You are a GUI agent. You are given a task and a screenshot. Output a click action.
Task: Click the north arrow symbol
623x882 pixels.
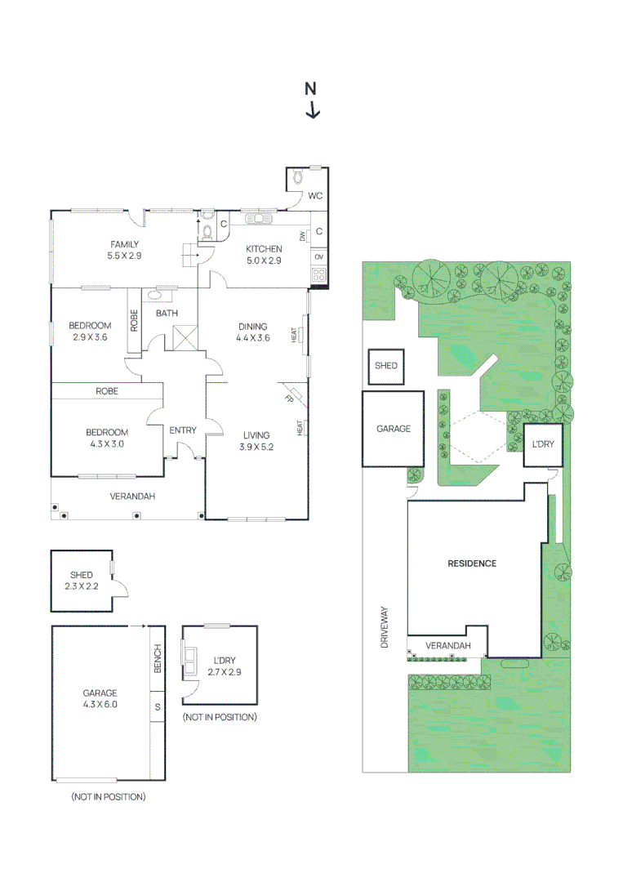[x=312, y=100]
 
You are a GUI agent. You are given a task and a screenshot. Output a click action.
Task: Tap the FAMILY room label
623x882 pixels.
[x=124, y=250]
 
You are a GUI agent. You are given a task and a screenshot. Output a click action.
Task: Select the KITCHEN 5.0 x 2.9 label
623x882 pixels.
[x=264, y=255]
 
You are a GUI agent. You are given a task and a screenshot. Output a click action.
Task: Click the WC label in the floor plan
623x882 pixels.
[x=315, y=196]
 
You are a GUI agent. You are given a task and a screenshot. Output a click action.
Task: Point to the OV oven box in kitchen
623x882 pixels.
[x=318, y=257]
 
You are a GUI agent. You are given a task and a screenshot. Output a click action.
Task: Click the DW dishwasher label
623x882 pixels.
[x=302, y=236]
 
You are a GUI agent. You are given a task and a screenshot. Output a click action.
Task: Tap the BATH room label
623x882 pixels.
[x=167, y=313]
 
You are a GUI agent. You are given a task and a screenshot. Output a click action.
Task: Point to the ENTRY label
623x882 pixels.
[x=182, y=430]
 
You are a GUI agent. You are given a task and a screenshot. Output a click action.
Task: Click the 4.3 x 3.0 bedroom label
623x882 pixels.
[x=106, y=438]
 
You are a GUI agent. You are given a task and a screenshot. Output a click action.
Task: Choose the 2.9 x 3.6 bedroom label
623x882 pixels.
[x=90, y=331]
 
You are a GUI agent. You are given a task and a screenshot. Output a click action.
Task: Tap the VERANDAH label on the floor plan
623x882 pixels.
[x=132, y=496]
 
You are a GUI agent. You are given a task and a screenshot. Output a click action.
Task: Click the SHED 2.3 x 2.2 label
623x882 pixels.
[x=81, y=581]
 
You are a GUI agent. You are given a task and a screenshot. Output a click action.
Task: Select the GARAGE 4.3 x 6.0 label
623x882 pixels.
[x=100, y=698]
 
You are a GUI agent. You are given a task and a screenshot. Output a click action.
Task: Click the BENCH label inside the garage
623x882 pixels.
[x=158, y=659]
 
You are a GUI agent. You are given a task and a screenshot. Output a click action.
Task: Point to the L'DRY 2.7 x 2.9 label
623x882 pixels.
[x=225, y=666]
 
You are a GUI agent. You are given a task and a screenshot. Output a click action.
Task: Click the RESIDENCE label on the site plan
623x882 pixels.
[x=472, y=563]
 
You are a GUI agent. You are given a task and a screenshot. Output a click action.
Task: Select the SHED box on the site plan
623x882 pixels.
[x=386, y=365]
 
